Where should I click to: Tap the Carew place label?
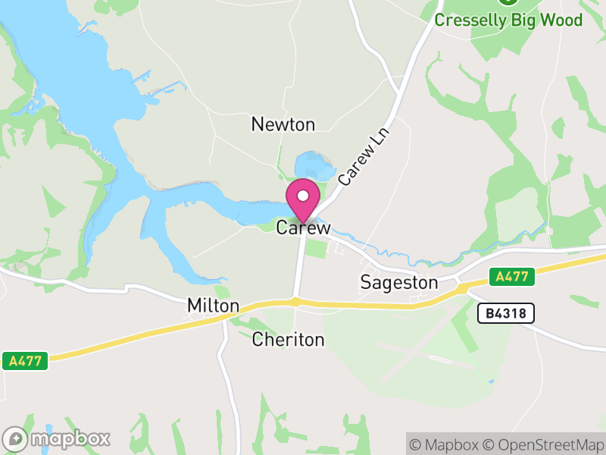tap(303, 227)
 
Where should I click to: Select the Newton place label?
tap(283, 124)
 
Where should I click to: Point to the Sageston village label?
tap(398, 283)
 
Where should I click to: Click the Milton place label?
tap(213, 306)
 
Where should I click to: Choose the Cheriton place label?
tap(288, 340)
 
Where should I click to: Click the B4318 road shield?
tap(506, 312)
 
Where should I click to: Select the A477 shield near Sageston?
tap(511, 277)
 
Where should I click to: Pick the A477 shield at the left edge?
tap(25, 361)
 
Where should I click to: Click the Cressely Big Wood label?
tap(508, 20)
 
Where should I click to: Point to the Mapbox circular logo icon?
tap(16, 438)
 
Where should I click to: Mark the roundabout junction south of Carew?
tap(295, 301)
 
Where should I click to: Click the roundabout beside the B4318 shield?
tap(460, 287)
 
